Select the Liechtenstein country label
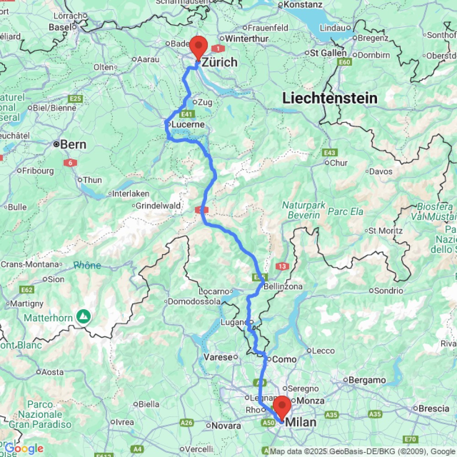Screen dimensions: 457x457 click(329, 98)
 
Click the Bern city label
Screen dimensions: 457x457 click(73, 144)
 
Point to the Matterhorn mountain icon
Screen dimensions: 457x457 click(83, 315)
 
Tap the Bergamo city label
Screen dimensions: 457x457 click(367, 380)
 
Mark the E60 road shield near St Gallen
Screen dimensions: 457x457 click(344, 62)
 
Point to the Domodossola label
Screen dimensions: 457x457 click(194, 302)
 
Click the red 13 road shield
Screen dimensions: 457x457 click(282, 266)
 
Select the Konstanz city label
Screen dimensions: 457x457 click(303, 5)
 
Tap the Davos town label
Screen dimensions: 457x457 click(381, 172)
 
